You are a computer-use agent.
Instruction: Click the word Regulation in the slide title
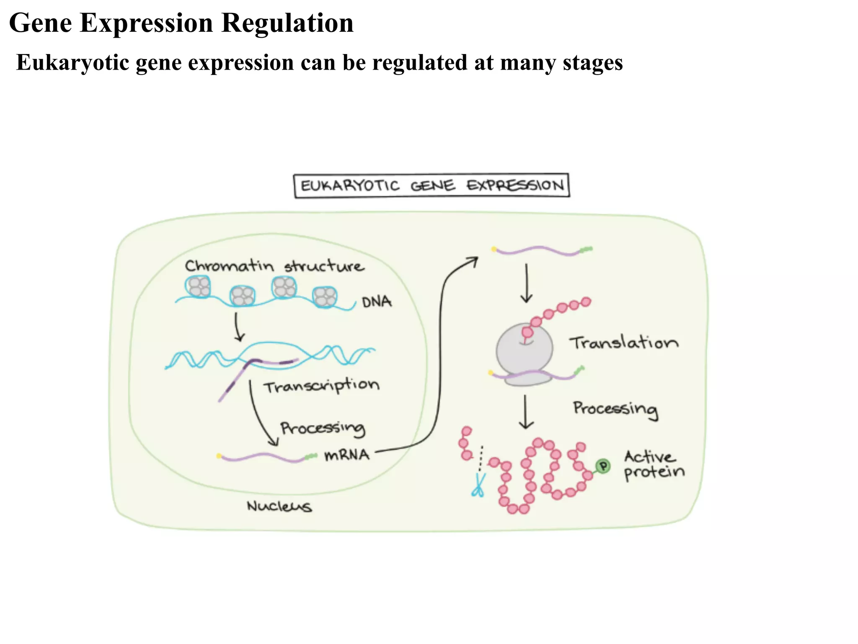[287, 23]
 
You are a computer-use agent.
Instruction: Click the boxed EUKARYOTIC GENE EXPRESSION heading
[432, 185]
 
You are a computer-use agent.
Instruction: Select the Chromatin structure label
[274, 266]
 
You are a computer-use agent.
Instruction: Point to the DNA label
[377, 302]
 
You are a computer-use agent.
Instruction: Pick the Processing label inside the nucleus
[323, 428]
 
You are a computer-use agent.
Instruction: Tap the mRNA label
[347, 455]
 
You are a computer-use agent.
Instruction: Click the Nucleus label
[279, 506]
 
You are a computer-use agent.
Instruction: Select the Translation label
[623, 343]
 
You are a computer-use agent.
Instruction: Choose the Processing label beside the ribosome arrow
[615, 408]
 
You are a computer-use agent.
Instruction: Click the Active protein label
[654, 465]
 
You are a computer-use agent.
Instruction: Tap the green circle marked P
[603, 466]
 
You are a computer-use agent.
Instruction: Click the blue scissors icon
[478, 486]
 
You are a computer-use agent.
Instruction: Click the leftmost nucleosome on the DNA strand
[198, 286]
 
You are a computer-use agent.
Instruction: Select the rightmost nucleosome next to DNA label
[325, 297]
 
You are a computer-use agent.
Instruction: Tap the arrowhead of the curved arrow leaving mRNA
[474, 261]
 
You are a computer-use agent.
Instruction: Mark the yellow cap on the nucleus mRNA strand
[219, 456]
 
